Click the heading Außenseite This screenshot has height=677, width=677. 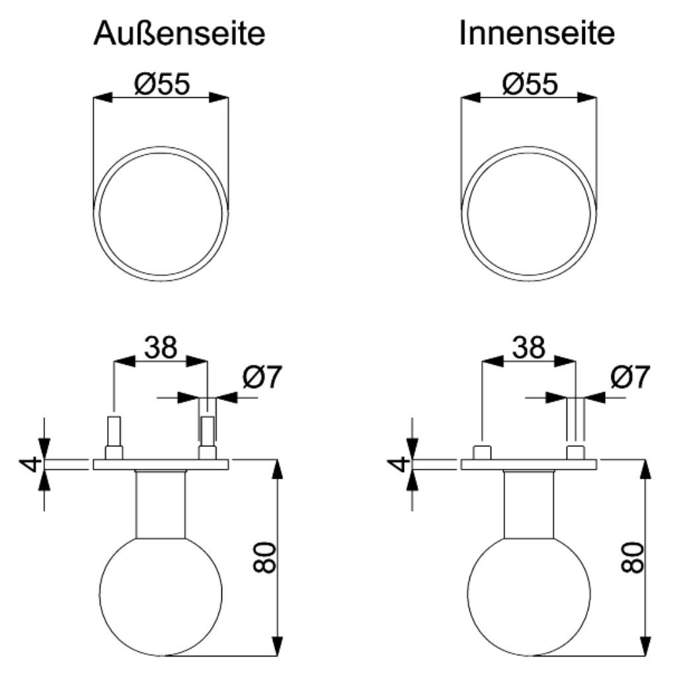tap(179, 33)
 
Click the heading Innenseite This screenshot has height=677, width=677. tap(537, 33)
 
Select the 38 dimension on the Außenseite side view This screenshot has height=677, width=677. tap(161, 347)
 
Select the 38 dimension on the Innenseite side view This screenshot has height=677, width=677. tap(528, 347)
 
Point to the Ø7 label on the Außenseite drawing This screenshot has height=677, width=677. tap(262, 376)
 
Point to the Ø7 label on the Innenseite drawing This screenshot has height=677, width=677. tap(630, 376)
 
